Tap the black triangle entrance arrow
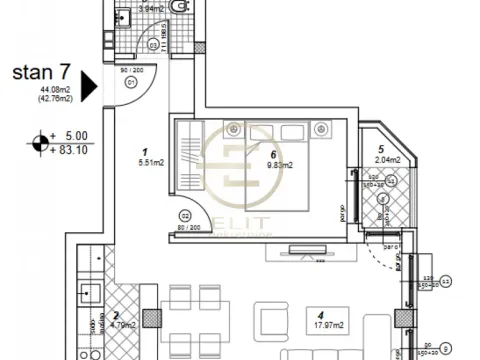(87, 86)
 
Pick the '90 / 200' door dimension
(131, 70)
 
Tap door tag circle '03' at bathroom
(151, 44)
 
